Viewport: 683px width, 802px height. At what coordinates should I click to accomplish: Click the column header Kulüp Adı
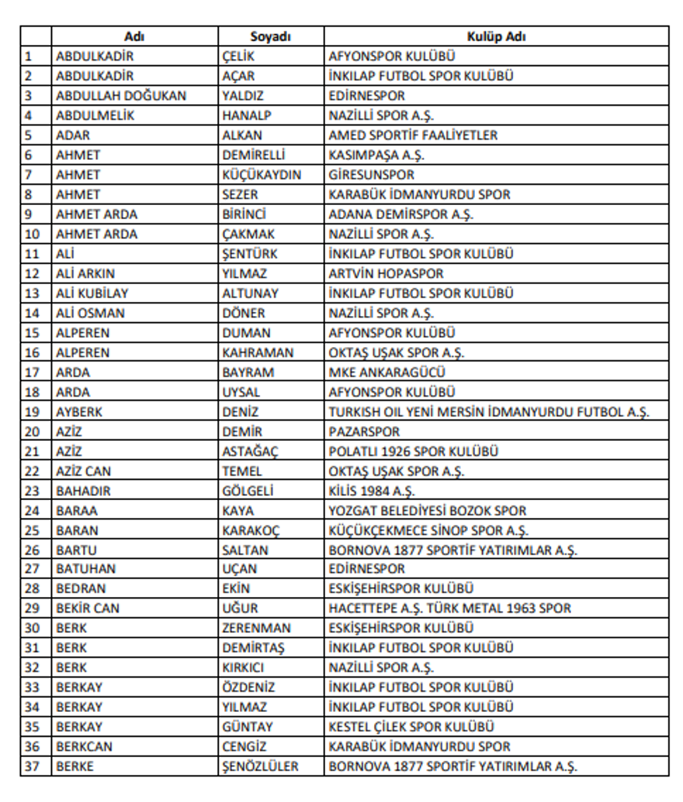(x=497, y=36)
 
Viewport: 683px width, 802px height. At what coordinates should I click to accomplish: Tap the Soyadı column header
(x=270, y=36)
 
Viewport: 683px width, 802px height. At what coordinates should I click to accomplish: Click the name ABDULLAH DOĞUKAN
(x=120, y=96)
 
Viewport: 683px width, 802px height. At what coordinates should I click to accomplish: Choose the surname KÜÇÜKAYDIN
(x=261, y=175)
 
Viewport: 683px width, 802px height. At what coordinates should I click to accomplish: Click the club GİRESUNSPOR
(x=371, y=175)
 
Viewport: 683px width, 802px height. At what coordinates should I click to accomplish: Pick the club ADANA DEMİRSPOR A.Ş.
(x=400, y=214)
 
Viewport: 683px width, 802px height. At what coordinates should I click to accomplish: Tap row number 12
(x=32, y=273)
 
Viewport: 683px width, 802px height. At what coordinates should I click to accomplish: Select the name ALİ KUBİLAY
(x=92, y=293)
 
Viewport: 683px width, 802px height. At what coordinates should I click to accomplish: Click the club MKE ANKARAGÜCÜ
(x=387, y=372)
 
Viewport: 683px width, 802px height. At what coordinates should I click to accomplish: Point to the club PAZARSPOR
(x=364, y=432)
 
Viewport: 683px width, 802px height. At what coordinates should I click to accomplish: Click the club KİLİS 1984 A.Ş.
(x=372, y=491)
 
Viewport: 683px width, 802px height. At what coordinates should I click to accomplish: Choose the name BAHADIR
(x=83, y=491)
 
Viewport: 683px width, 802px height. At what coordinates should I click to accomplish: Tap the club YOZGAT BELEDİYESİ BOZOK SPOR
(x=427, y=511)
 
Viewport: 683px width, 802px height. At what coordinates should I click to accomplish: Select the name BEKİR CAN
(x=88, y=609)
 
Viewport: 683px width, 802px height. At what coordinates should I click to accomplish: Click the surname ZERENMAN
(x=256, y=628)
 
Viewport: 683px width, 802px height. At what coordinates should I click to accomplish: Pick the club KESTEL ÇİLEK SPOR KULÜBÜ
(x=411, y=727)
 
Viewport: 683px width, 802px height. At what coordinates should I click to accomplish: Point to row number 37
(x=32, y=766)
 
